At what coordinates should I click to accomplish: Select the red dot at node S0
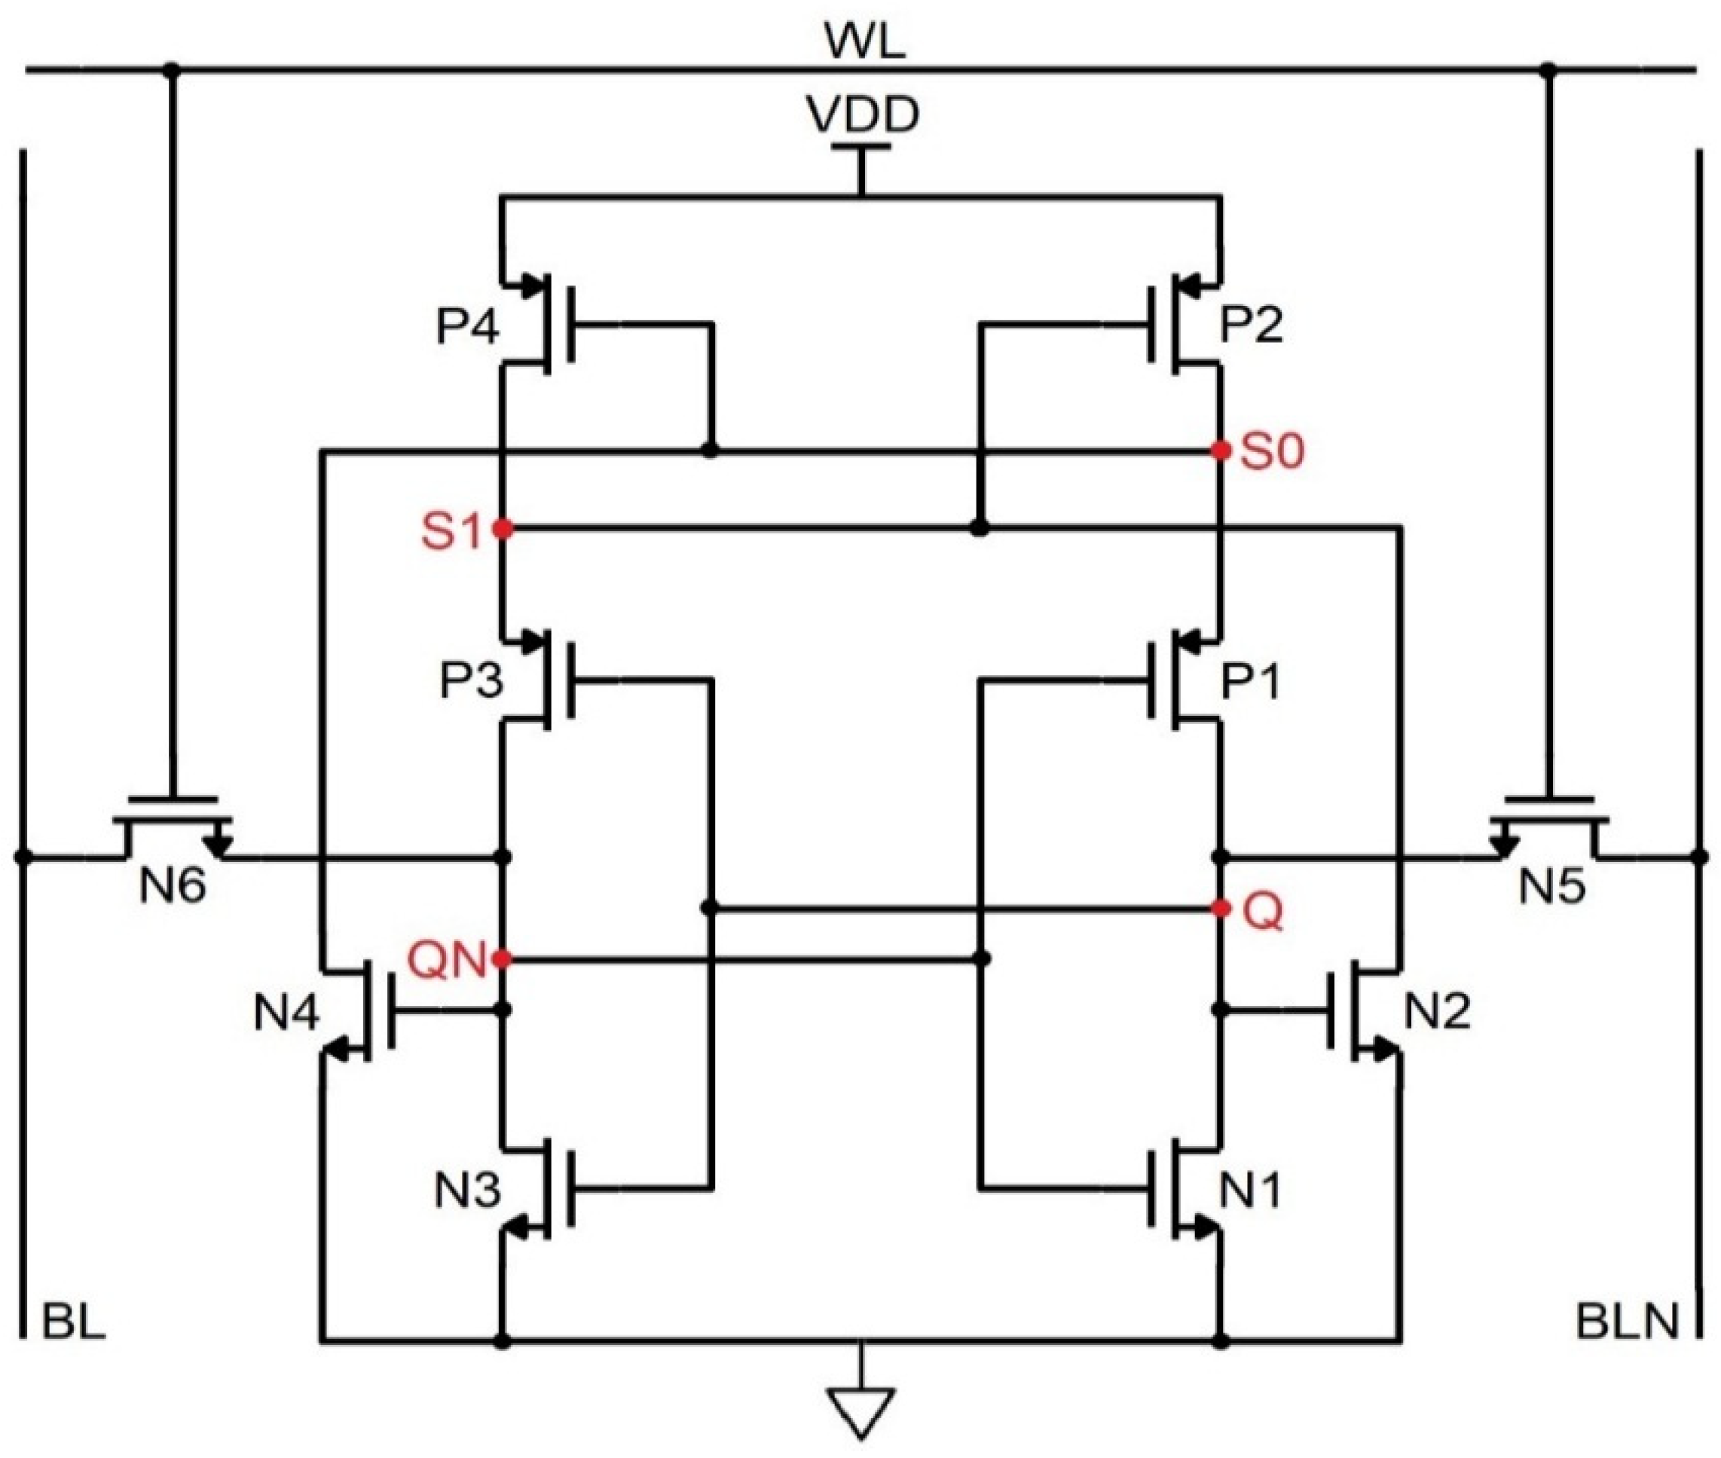1220,451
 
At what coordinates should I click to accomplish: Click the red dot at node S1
502,528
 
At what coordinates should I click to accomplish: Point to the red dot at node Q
1220,909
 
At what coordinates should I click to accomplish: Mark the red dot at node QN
501,958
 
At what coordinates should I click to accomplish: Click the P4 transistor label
468,326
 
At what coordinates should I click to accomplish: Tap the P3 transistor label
470,682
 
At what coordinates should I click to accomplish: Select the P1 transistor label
1250,683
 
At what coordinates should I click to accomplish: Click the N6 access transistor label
173,887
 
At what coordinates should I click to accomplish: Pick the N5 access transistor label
1551,887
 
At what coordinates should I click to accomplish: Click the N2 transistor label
1438,1012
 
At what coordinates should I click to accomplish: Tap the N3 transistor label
468,1191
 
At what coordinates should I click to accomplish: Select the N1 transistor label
1250,1191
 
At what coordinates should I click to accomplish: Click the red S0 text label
1272,453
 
